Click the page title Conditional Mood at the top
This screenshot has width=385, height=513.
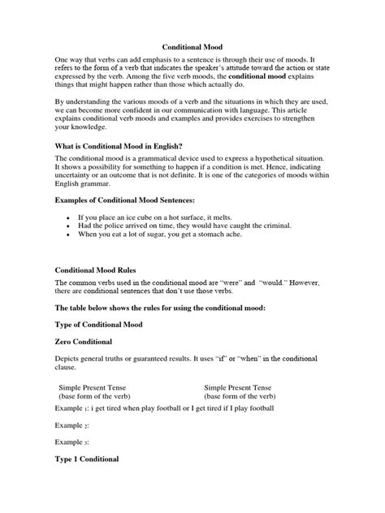[x=192, y=49]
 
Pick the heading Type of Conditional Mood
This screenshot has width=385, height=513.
[x=110, y=323]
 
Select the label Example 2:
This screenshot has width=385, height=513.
[x=72, y=425]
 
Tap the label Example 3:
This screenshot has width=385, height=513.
[x=72, y=443]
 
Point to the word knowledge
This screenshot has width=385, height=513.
[x=88, y=127]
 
